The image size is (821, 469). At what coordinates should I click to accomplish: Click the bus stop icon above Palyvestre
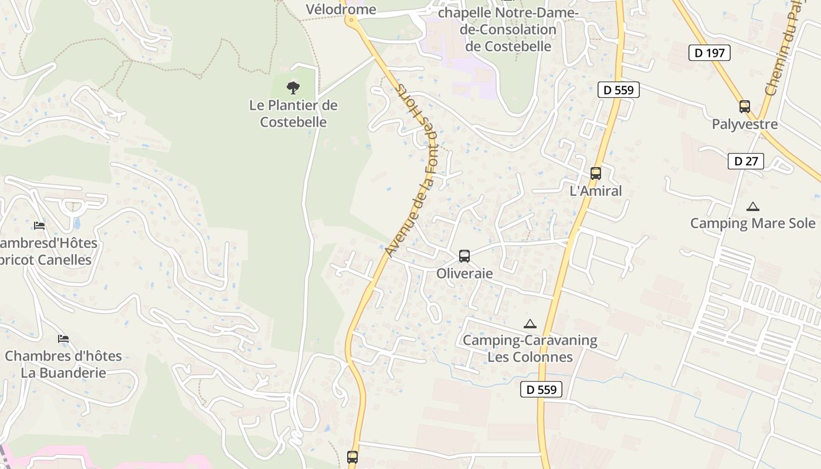click(x=744, y=107)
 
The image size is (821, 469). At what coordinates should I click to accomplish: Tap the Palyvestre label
click(x=744, y=124)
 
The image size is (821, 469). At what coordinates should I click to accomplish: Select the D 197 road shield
click(x=709, y=53)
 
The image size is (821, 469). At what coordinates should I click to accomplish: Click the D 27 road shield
click(x=745, y=161)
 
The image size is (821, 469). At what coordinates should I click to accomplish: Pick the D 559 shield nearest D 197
click(x=618, y=90)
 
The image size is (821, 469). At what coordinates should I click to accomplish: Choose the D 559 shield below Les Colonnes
click(x=541, y=389)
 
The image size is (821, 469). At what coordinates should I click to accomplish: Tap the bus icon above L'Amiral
click(x=595, y=174)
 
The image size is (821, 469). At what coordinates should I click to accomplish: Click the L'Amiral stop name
click(x=595, y=191)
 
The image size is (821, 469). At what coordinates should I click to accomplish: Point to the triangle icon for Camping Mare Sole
click(x=752, y=206)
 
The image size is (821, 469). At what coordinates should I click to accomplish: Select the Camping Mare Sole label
click(x=752, y=223)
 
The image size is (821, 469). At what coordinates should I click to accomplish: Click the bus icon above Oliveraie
click(x=464, y=256)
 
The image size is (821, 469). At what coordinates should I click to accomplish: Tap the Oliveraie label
click(x=464, y=274)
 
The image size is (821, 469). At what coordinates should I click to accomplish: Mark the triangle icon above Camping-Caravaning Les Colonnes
click(x=530, y=324)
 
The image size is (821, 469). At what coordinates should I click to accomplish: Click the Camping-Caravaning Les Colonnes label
click(x=530, y=349)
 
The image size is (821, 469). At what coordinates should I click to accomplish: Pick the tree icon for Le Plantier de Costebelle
click(x=293, y=88)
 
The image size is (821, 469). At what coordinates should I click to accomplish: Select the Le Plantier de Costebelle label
click(x=293, y=114)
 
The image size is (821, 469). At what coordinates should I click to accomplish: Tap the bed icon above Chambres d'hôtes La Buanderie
click(x=63, y=339)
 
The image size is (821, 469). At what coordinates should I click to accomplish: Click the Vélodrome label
click(x=341, y=9)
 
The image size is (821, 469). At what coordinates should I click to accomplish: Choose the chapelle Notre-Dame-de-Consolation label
click(x=508, y=29)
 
